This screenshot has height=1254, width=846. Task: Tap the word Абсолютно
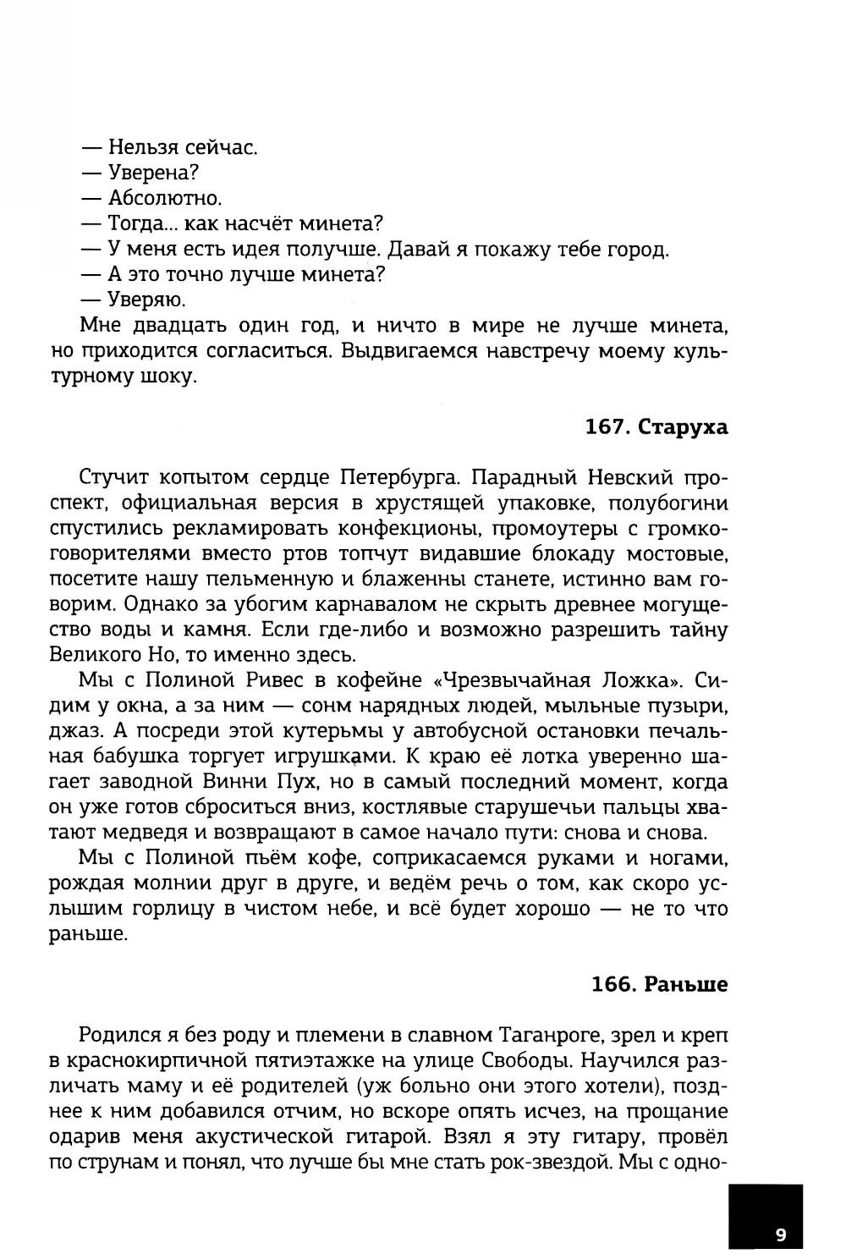coord(164,199)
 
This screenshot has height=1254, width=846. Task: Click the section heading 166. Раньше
coord(659,984)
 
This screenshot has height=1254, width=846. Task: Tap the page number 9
coord(780,1234)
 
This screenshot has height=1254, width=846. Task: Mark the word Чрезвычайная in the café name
coord(507,681)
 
